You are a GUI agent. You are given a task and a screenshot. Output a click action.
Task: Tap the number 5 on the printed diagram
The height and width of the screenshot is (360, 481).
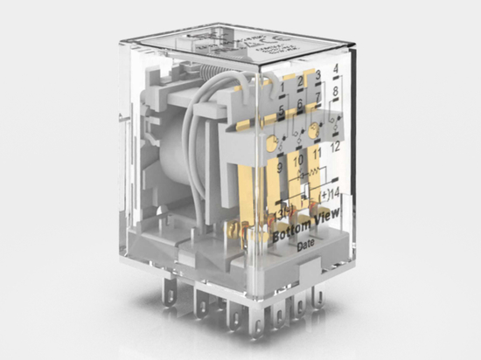[x=281, y=110]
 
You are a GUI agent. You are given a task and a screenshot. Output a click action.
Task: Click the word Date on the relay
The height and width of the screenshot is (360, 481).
[x=305, y=247]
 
